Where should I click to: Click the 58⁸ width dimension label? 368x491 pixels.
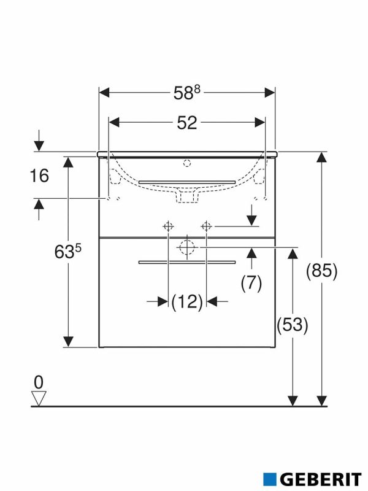click(x=187, y=93)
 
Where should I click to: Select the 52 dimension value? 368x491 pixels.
click(x=187, y=123)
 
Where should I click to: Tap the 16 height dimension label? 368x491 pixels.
click(x=39, y=176)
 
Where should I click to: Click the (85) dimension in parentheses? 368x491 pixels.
click(x=323, y=271)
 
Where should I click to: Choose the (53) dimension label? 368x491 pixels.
click(x=293, y=325)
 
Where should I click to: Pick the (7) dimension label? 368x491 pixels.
click(x=251, y=283)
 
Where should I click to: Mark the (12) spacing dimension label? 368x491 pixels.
click(x=187, y=301)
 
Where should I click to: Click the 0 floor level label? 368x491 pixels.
click(x=39, y=382)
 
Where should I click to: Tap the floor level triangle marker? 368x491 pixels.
click(x=39, y=398)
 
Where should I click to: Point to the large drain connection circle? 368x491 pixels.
click(x=187, y=247)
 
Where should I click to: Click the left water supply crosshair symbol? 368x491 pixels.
click(x=167, y=226)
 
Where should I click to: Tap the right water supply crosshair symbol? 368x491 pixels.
click(x=207, y=226)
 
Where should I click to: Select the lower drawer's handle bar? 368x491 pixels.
click(x=187, y=261)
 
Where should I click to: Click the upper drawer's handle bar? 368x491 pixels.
click(x=187, y=182)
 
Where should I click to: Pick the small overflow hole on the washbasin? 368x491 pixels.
click(x=187, y=163)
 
